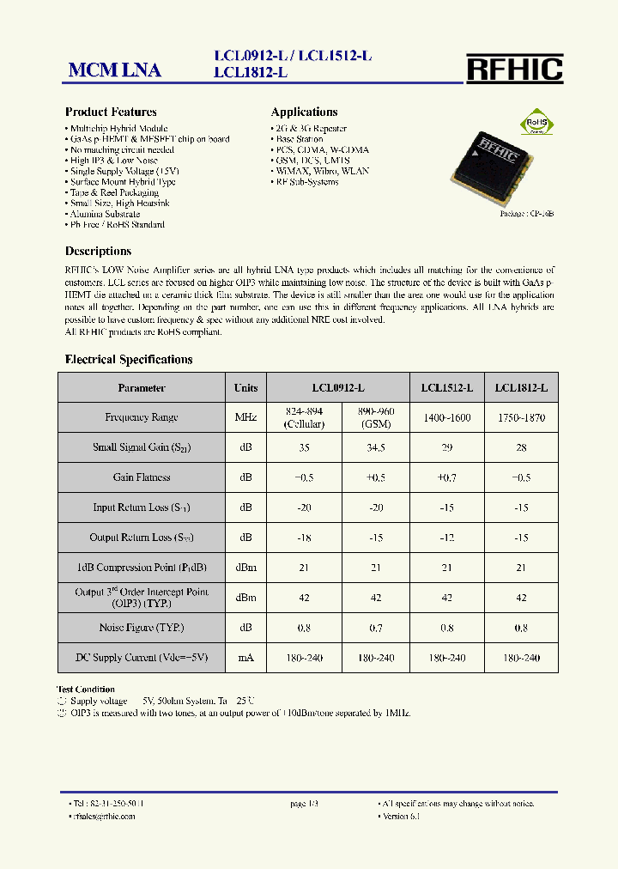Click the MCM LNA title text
115,70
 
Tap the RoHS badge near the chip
536,122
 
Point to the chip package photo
495,164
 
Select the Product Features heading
111,112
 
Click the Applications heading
304,112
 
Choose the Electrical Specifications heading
129,360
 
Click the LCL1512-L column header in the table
446,388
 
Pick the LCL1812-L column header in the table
521,388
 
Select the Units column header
245,388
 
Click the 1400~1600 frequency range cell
446,417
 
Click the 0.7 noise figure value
376,628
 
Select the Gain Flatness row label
142,477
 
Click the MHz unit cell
245,417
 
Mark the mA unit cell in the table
245,658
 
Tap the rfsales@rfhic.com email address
104,816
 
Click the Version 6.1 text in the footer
401,816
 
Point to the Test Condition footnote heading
86,690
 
